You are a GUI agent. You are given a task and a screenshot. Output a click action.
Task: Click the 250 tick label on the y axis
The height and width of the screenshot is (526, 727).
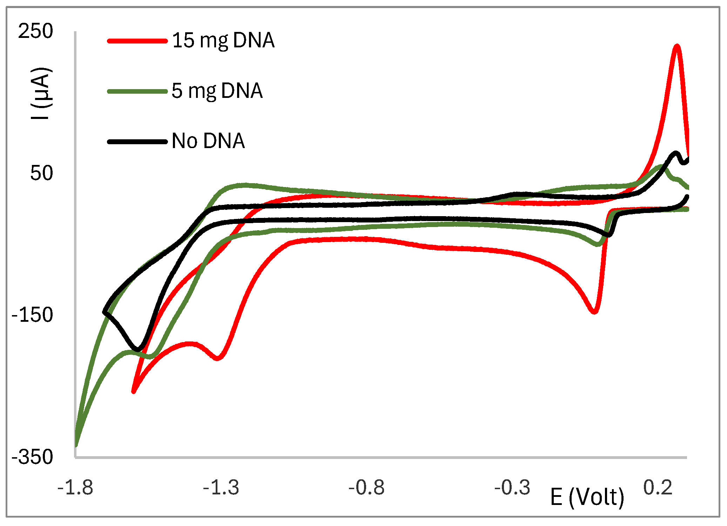[x=35, y=31]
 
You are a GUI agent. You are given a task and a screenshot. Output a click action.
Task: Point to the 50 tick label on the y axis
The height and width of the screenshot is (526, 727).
[x=41, y=173]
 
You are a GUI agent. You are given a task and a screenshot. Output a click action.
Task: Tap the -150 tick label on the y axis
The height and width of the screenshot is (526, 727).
[x=32, y=314]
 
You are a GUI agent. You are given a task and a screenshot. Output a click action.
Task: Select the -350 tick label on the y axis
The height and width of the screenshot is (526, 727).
[x=32, y=457]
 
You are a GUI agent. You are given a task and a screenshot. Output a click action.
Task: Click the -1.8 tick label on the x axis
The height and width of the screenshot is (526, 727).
[x=75, y=488]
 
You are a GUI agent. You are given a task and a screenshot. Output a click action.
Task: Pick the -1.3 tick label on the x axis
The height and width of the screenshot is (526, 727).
[x=221, y=488]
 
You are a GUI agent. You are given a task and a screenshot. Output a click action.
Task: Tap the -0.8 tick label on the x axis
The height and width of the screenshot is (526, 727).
[x=366, y=488]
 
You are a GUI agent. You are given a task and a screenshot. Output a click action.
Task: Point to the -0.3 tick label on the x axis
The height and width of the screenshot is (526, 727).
[x=512, y=488]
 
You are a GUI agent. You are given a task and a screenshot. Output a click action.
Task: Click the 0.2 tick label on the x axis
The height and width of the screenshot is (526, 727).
[x=658, y=488]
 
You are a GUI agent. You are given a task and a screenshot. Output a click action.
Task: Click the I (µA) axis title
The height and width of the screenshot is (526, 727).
[x=42, y=93]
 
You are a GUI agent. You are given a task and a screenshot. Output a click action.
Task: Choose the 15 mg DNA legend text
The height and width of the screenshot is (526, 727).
[x=223, y=40]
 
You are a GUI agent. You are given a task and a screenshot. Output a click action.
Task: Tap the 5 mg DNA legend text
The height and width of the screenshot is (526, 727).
[x=217, y=91]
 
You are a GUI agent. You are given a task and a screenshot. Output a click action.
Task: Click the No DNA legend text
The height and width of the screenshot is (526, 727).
[x=208, y=141]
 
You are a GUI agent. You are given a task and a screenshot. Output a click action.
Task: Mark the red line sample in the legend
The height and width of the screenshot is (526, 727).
[x=137, y=41]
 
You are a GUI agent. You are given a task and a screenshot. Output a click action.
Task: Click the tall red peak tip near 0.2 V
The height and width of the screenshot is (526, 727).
[x=677, y=46]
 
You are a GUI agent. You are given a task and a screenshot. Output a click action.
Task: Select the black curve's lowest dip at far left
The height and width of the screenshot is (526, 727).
[x=137, y=350]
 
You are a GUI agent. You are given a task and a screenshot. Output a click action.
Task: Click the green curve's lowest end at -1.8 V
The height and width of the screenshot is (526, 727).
[x=76, y=445]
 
